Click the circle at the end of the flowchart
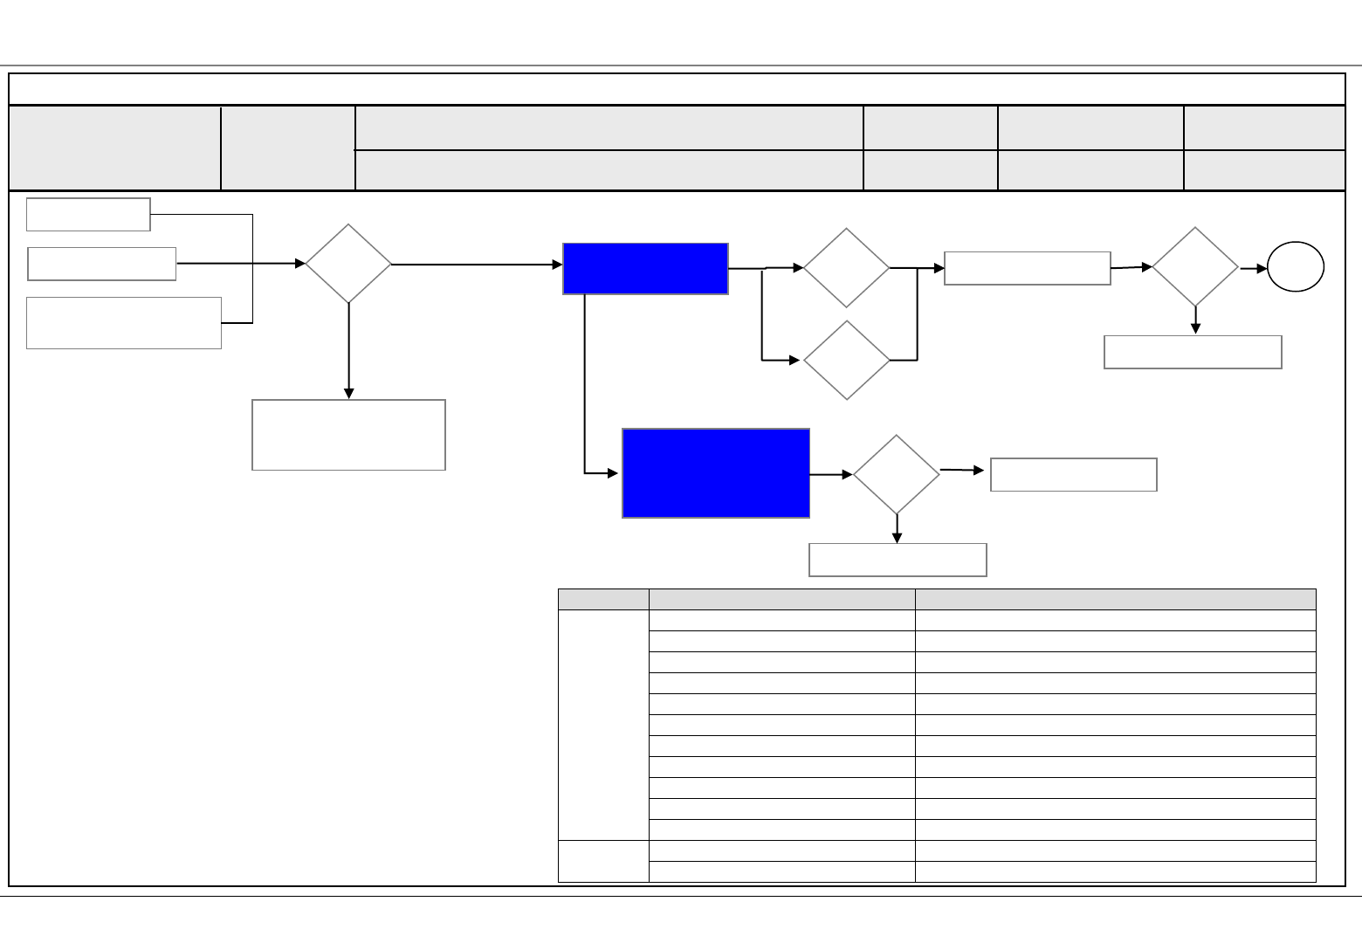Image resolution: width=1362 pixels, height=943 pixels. point(1296,268)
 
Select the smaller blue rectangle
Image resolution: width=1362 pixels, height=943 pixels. point(645,269)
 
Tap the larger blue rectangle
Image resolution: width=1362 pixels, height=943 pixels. point(716,473)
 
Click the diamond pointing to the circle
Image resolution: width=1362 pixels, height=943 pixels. point(1195,267)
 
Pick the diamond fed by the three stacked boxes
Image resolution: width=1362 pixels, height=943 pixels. point(348,264)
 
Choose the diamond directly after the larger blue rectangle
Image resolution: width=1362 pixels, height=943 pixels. point(897,474)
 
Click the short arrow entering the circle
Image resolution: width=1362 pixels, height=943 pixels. point(1254,269)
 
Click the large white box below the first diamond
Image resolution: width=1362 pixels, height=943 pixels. point(348,435)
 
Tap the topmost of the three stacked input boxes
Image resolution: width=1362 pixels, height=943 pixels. point(88,214)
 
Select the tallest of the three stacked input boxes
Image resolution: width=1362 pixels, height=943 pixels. point(124,323)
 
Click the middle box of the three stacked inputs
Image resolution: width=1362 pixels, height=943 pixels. point(102,264)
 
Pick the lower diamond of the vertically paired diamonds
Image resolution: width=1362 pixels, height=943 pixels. point(846,360)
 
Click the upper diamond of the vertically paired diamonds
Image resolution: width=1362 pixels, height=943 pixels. point(846,268)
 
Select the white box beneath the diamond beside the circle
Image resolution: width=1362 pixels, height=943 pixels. point(1193,352)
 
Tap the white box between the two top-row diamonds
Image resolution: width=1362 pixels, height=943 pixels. point(1028,268)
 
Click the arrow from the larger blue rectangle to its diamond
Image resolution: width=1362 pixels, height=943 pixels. point(831,474)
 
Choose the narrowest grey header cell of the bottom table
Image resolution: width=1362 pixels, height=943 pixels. point(603,599)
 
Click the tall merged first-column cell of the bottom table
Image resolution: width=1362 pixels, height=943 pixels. point(603,725)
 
